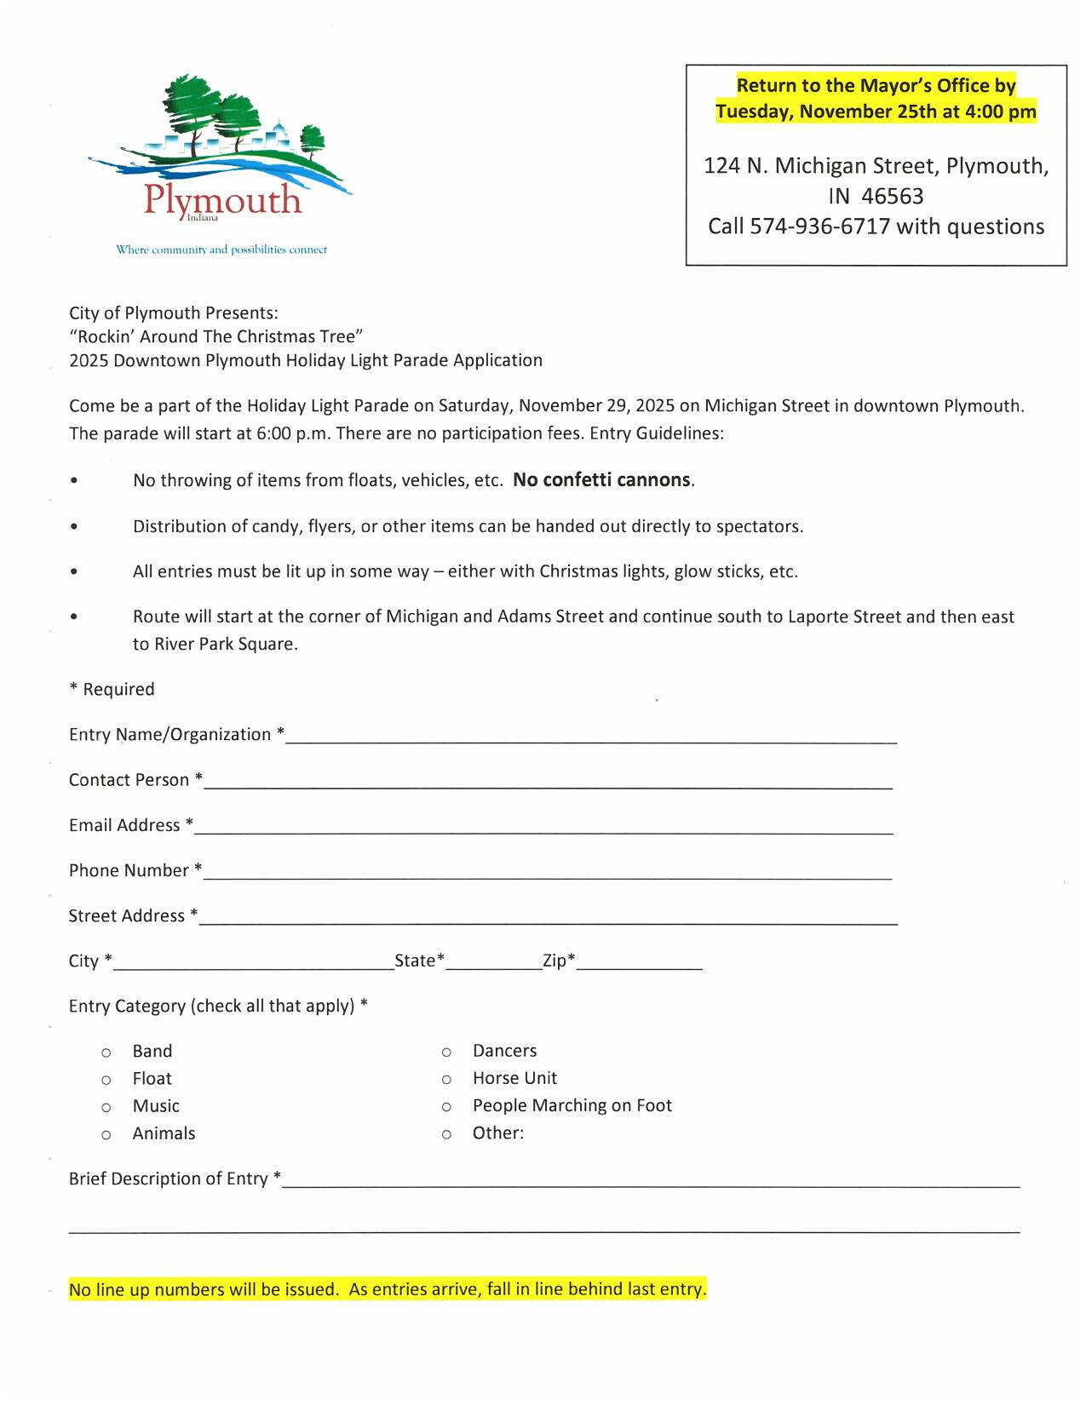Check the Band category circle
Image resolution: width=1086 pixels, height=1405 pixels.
pyautogui.click(x=106, y=1052)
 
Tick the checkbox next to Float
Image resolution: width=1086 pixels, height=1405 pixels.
pyautogui.click(x=106, y=1080)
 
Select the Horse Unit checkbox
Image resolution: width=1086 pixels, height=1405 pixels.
pyautogui.click(x=446, y=1080)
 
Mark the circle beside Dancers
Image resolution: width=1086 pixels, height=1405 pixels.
pyautogui.click(x=446, y=1052)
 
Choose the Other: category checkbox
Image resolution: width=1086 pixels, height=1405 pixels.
pyautogui.click(x=446, y=1134)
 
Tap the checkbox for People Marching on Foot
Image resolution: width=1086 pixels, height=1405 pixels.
pyautogui.click(x=446, y=1107)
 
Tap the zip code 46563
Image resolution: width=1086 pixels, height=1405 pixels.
pyautogui.click(x=892, y=197)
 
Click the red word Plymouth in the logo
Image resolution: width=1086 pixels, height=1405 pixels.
pyautogui.click(x=222, y=200)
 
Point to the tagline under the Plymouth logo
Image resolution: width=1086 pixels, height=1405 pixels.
pyautogui.click(x=221, y=249)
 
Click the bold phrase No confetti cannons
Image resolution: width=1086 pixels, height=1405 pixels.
pyautogui.click(x=602, y=480)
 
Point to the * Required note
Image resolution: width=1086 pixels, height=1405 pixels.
pyautogui.click(x=112, y=689)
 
